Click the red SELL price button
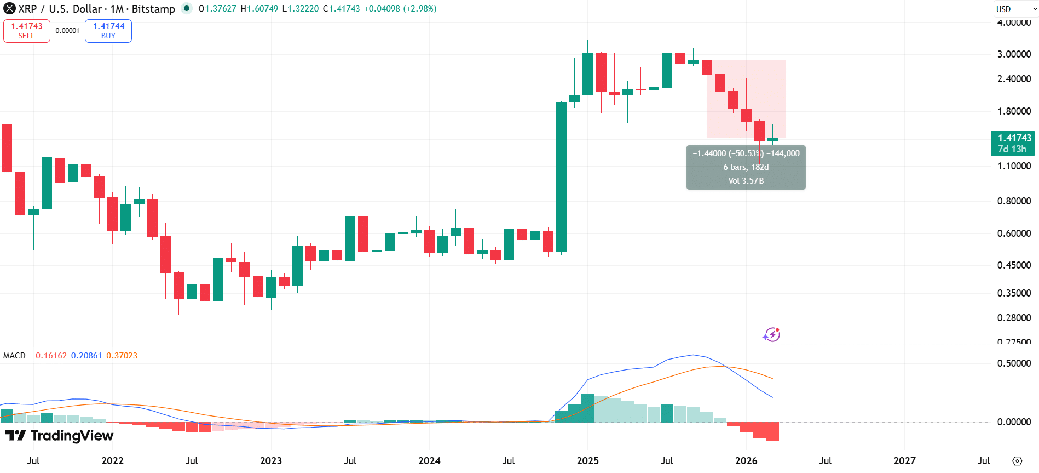click(26, 31)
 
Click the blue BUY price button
click(108, 31)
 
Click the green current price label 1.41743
click(1013, 143)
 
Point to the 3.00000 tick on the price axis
click(1014, 54)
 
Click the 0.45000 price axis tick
click(1014, 265)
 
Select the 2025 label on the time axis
click(587, 461)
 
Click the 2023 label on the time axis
click(271, 461)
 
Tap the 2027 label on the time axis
click(904, 461)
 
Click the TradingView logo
click(60, 436)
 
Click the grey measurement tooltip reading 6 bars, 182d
click(746, 167)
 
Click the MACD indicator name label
click(14, 356)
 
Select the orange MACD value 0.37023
click(122, 356)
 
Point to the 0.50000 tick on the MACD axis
click(1014, 363)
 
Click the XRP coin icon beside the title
click(9, 9)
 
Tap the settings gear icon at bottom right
click(1017, 461)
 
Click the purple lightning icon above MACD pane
click(771, 334)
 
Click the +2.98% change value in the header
click(420, 9)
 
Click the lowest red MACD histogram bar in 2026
click(772, 432)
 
